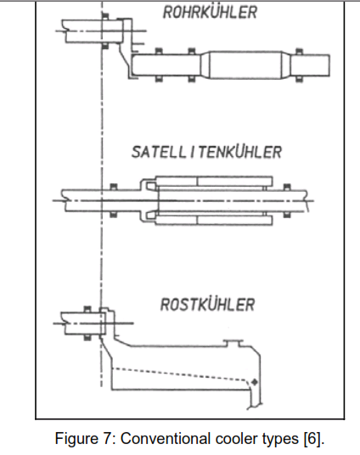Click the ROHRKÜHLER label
pos(210,12)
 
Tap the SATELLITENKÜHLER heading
pos(206,152)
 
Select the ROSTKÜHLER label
pos(207,305)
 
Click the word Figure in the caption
pos(76,438)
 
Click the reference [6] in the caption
pos(313,439)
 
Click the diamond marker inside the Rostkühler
pos(255,382)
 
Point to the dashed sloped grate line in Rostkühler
pos(179,374)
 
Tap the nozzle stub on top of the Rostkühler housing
pos(233,343)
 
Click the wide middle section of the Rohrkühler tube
pos(245,65)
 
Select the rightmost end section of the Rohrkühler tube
pos(310,65)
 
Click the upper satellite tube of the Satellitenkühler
pos(214,181)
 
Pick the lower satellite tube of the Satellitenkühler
pos(214,220)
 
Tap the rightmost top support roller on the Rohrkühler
pos(299,52)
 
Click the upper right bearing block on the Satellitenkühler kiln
pos(287,187)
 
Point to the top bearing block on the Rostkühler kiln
pos(87,309)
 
